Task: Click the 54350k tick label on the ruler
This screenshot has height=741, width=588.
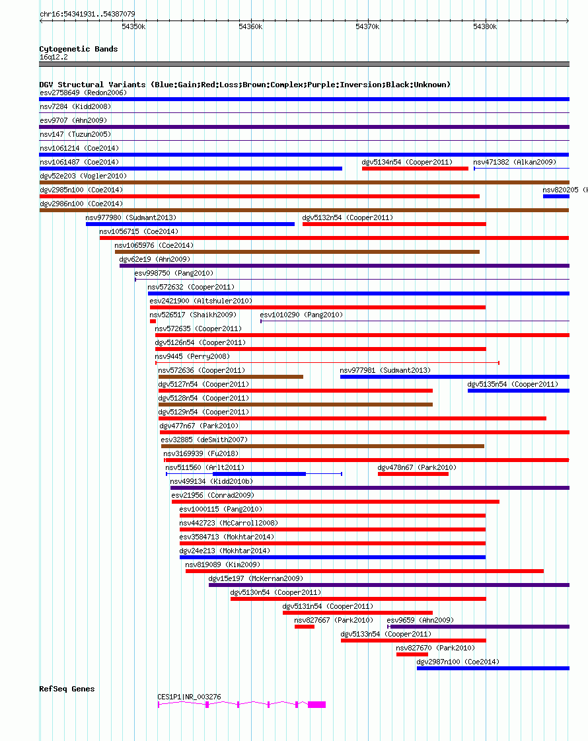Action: point(133,26)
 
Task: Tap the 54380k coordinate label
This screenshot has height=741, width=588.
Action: point(485,26)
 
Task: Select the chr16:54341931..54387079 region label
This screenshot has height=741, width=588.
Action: point(87,13)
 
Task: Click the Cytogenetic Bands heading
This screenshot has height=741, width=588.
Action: point(79,49)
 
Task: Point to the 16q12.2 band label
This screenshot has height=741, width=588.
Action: point(54,57)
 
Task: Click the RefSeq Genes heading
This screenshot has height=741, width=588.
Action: point(67,689)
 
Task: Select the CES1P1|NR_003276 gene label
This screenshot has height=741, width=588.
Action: point(189,697)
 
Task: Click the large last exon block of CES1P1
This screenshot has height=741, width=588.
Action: point(316,705)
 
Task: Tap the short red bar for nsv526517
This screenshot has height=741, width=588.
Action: point(153,321)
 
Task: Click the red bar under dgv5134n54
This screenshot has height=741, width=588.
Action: point(415,169)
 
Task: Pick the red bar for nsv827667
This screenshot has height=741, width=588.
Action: point(304,627)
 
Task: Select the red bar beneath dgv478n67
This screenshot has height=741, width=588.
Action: point(413,474)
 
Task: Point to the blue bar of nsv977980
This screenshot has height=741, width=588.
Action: point(190,224)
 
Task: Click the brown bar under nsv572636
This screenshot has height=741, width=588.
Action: point(231,377)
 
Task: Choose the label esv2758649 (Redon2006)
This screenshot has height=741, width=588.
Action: point(83,93)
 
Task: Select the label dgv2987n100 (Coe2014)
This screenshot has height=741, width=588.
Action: point(458,662)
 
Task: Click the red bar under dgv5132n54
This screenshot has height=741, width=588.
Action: point(394,224)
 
